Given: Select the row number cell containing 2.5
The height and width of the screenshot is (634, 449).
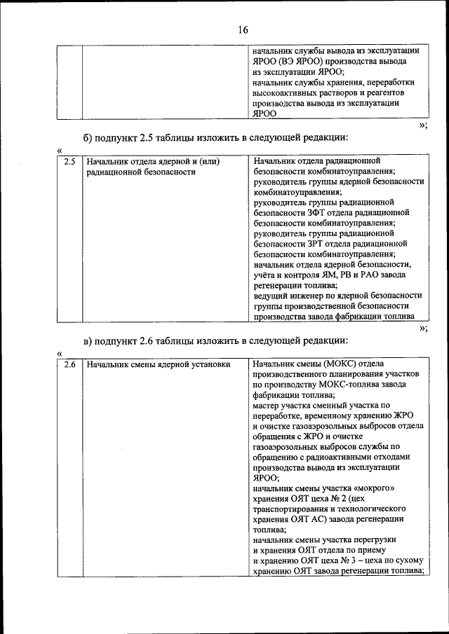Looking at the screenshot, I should pos(69,162).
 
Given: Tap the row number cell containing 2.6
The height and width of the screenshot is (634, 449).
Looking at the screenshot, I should pos(69,365).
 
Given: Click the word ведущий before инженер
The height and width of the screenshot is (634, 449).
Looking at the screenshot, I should pos(271,296).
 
